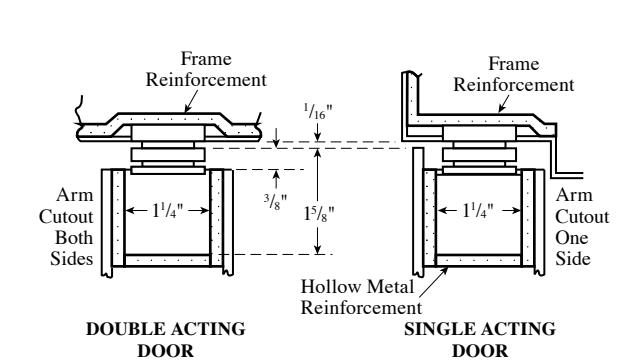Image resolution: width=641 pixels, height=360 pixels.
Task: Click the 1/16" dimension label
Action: pos(318,112)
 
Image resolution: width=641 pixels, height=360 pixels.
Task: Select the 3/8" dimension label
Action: pos(276,201)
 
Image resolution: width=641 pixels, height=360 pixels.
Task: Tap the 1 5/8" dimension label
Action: pos(319,212)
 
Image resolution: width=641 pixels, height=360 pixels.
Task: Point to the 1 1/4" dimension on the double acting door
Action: pos(168,211)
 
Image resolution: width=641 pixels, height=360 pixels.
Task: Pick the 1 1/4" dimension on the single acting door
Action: pos(478,211)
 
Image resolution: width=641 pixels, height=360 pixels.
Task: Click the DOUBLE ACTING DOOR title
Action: pos(166,340)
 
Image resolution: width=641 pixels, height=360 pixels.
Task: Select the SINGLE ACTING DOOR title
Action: pos(480,340)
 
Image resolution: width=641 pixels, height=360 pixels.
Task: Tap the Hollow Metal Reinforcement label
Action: pos(361,297)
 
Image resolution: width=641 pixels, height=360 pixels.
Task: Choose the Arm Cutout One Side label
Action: pos(582,227)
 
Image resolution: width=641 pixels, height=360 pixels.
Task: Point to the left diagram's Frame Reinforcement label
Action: pos(206,69)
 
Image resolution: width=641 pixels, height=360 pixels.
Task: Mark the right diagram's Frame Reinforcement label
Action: pos(514,74)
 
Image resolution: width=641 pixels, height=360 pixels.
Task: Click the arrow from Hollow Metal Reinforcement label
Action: pos(433,282)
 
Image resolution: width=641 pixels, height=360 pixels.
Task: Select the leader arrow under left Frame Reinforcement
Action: pos(191,101)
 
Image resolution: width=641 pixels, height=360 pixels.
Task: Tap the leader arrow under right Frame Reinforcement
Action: pos(504,104)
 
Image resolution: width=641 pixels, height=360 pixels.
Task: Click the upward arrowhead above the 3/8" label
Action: pos(276,175)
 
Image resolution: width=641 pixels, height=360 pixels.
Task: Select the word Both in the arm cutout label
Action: pos(74,238)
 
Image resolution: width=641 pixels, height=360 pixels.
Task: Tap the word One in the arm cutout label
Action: pos(572,238)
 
